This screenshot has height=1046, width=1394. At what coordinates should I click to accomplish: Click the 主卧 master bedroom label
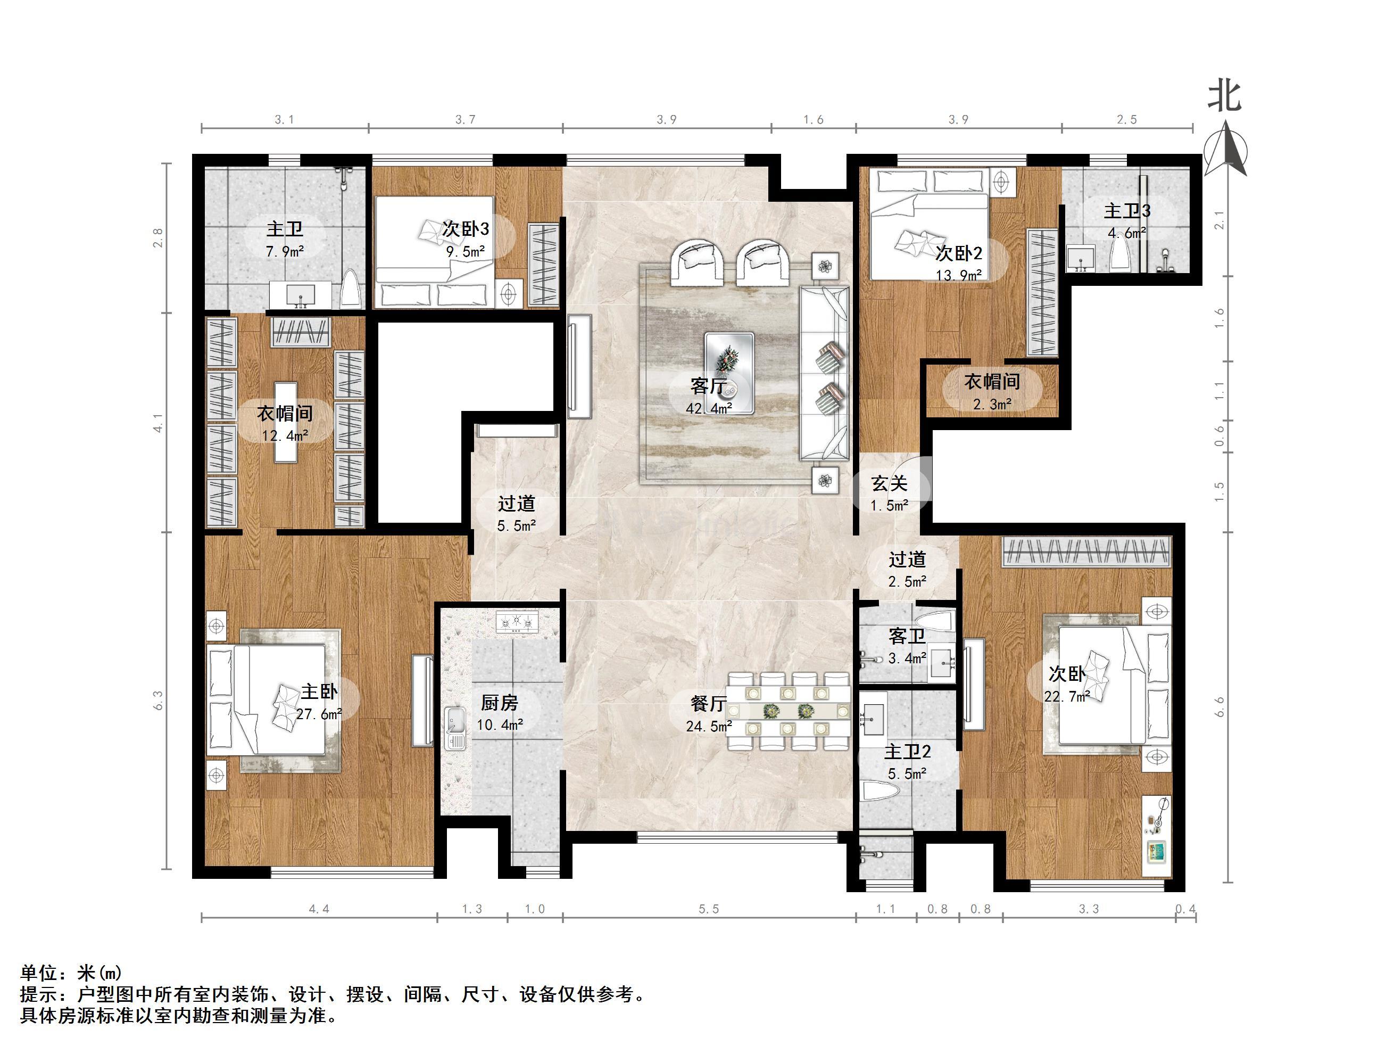[x=319, y=691]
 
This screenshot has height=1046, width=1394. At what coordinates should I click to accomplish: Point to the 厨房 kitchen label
[x=499, y=702]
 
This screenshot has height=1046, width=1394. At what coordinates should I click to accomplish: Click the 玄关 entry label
[x=889, y=483]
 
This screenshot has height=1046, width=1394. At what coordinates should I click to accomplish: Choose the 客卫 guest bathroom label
[x=907, y=637]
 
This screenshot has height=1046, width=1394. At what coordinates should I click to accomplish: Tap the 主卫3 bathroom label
[x=1127, y=211]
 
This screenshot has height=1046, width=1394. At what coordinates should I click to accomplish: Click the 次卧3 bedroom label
[x=465, y=229]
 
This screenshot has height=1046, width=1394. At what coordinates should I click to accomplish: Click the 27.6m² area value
[x=319, y=714]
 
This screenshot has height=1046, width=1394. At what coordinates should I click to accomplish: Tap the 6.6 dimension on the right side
[x=1219, y=707]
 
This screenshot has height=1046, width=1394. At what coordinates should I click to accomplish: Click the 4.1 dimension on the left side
[x=158, y=423]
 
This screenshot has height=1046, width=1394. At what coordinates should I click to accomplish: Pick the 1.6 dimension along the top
[x=814, y=120]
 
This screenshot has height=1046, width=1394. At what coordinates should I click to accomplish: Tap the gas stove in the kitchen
[x=517, y=623]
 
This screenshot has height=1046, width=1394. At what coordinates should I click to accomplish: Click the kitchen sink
[x=455, y=728]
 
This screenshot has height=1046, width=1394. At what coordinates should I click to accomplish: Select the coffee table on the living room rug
[x=729, y=373]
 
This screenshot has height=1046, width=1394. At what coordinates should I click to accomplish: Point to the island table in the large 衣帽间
[x=286, y=422]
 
